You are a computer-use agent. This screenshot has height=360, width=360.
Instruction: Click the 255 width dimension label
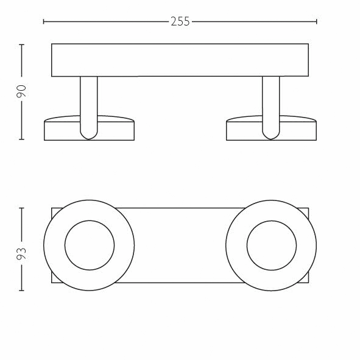click(180, 21)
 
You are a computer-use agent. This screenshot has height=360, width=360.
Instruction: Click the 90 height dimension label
click(21, 91)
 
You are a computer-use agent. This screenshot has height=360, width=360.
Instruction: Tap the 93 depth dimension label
click(21, 253)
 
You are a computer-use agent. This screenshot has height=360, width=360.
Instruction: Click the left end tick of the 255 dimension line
click(44, 21)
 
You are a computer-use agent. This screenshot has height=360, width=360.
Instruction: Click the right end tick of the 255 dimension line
click(317, 21)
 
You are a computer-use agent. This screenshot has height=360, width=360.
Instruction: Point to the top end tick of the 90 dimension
click(21, 44)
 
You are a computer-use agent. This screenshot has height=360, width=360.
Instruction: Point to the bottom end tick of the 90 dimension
click(21, 139)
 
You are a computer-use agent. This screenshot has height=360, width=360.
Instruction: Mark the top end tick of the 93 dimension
click(21, 208)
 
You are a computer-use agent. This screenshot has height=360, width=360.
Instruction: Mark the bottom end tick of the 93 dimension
click(21, 291)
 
